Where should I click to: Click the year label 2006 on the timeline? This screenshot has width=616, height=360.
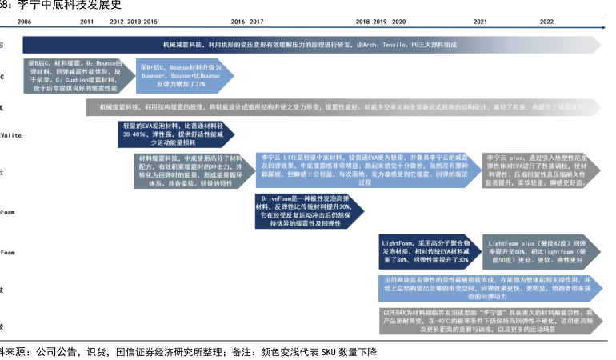point(24,22)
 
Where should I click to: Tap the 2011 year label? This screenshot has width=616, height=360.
point(88,22)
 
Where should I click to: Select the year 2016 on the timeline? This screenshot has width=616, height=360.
point(238,22)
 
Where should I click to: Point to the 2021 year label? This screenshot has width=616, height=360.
point(480,22)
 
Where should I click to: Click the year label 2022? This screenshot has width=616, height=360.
point(547,22)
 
